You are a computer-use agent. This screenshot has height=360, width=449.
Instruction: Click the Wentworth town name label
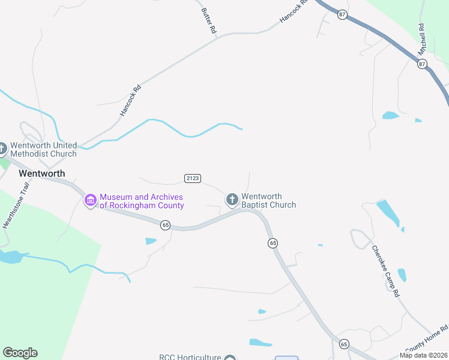41,173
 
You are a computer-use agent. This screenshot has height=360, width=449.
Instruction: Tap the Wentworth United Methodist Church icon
2,148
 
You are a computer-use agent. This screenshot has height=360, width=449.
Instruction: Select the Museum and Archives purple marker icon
91,200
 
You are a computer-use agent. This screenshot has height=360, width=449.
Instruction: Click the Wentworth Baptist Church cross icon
232,200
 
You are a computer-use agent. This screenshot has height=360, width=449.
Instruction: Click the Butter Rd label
208,20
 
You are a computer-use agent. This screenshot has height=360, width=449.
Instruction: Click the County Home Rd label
427,339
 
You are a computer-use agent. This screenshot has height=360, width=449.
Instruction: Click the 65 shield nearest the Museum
165,225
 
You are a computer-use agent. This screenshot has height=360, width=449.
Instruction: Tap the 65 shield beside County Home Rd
343,344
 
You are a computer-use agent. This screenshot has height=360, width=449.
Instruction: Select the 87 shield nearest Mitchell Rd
422,64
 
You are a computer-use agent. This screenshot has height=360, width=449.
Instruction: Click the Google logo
20,353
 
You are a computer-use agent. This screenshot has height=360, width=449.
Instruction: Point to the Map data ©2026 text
423,355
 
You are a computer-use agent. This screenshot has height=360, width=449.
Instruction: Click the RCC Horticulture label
190,357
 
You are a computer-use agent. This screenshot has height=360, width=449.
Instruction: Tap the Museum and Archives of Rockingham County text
142,201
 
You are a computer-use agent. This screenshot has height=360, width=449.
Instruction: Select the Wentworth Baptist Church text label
268,200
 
